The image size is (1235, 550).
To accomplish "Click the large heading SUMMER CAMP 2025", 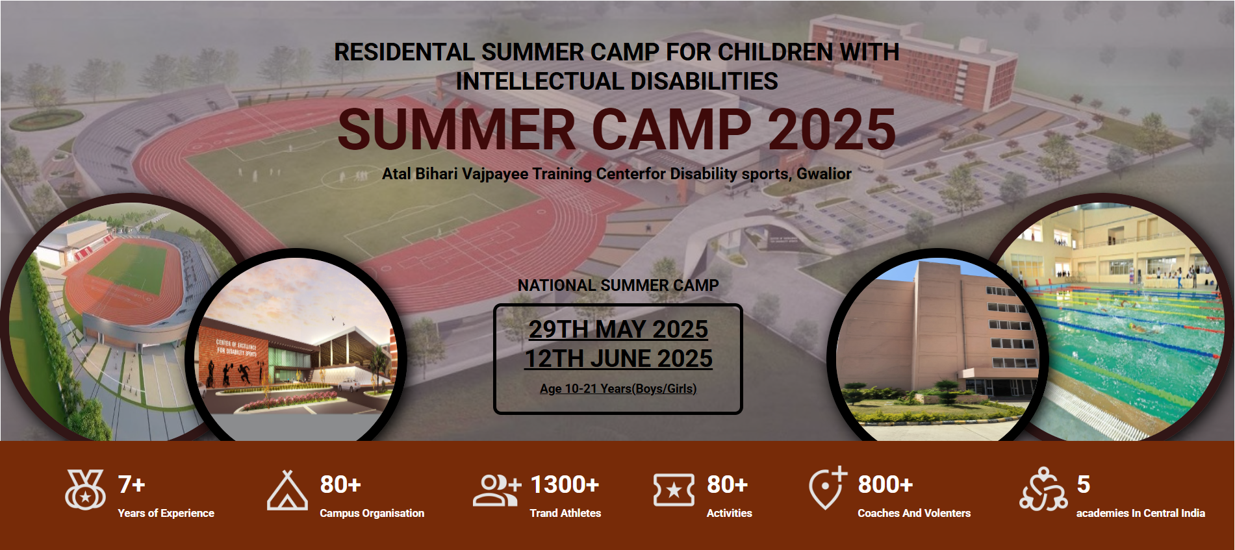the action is coord(617,129).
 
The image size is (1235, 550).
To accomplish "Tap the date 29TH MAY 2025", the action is coord(618,329).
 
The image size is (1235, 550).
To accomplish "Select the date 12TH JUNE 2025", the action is coord(618,358).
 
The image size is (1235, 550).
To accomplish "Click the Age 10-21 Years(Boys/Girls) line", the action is coord(618,388).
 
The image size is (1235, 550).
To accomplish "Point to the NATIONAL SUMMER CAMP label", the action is coord(618,285).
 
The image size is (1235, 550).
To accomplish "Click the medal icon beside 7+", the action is coord(85,490).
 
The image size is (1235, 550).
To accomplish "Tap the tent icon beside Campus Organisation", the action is coord(287,490).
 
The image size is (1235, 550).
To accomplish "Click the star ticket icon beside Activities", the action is coord(674,490).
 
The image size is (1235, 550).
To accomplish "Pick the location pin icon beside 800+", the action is coord(828,488).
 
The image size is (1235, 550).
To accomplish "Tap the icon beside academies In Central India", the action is coord(1043,489).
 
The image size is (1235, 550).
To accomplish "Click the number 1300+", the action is coord(565,484).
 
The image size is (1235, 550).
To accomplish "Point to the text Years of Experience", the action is coord(166,513).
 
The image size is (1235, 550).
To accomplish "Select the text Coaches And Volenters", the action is coord(914,513).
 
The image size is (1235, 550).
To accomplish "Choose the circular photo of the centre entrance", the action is coord(296,347).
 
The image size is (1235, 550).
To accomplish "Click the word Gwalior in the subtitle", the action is coord(824,173).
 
